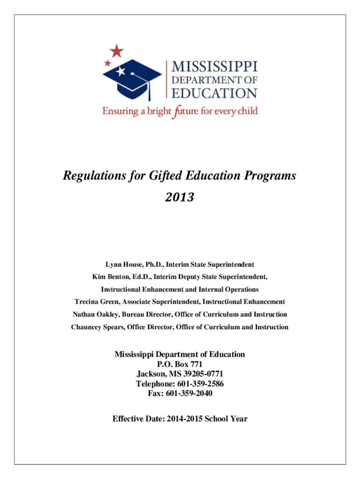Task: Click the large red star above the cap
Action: click(116, 51)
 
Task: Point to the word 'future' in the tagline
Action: click(184, 112)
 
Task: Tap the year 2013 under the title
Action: click(180, 198)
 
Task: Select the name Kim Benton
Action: click(110, 277)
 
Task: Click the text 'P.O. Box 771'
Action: click(180, 364)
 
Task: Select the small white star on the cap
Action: click(121, 72)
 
